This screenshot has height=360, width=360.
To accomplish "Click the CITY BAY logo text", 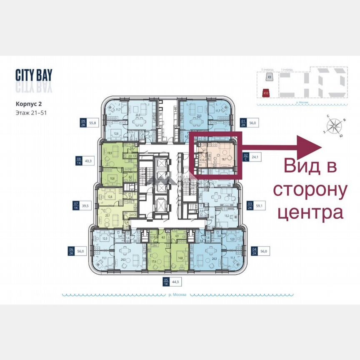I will pos(34,75).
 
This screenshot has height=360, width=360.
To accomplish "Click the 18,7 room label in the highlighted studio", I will pos(223,159).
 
